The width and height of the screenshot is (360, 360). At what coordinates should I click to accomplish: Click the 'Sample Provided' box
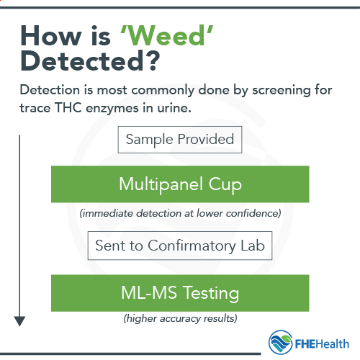pyautogui.click(x=180, y=140)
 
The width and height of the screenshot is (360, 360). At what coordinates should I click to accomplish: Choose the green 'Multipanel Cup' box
pyautogui.click(x=180, y=184)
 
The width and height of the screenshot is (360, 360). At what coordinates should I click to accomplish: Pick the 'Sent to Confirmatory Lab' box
pyautogui.click(x=180, y=246)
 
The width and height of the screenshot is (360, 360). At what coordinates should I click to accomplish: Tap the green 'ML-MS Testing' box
pyautogui.click(x=180, y=293)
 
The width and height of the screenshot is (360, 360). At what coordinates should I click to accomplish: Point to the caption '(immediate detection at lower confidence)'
pyautogui.click(x=180, y=212)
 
